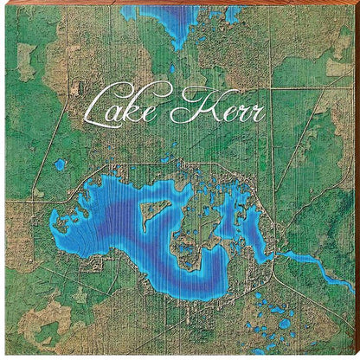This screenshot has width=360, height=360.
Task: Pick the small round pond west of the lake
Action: [60, 163]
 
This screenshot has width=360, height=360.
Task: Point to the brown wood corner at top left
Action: [4, 4]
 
